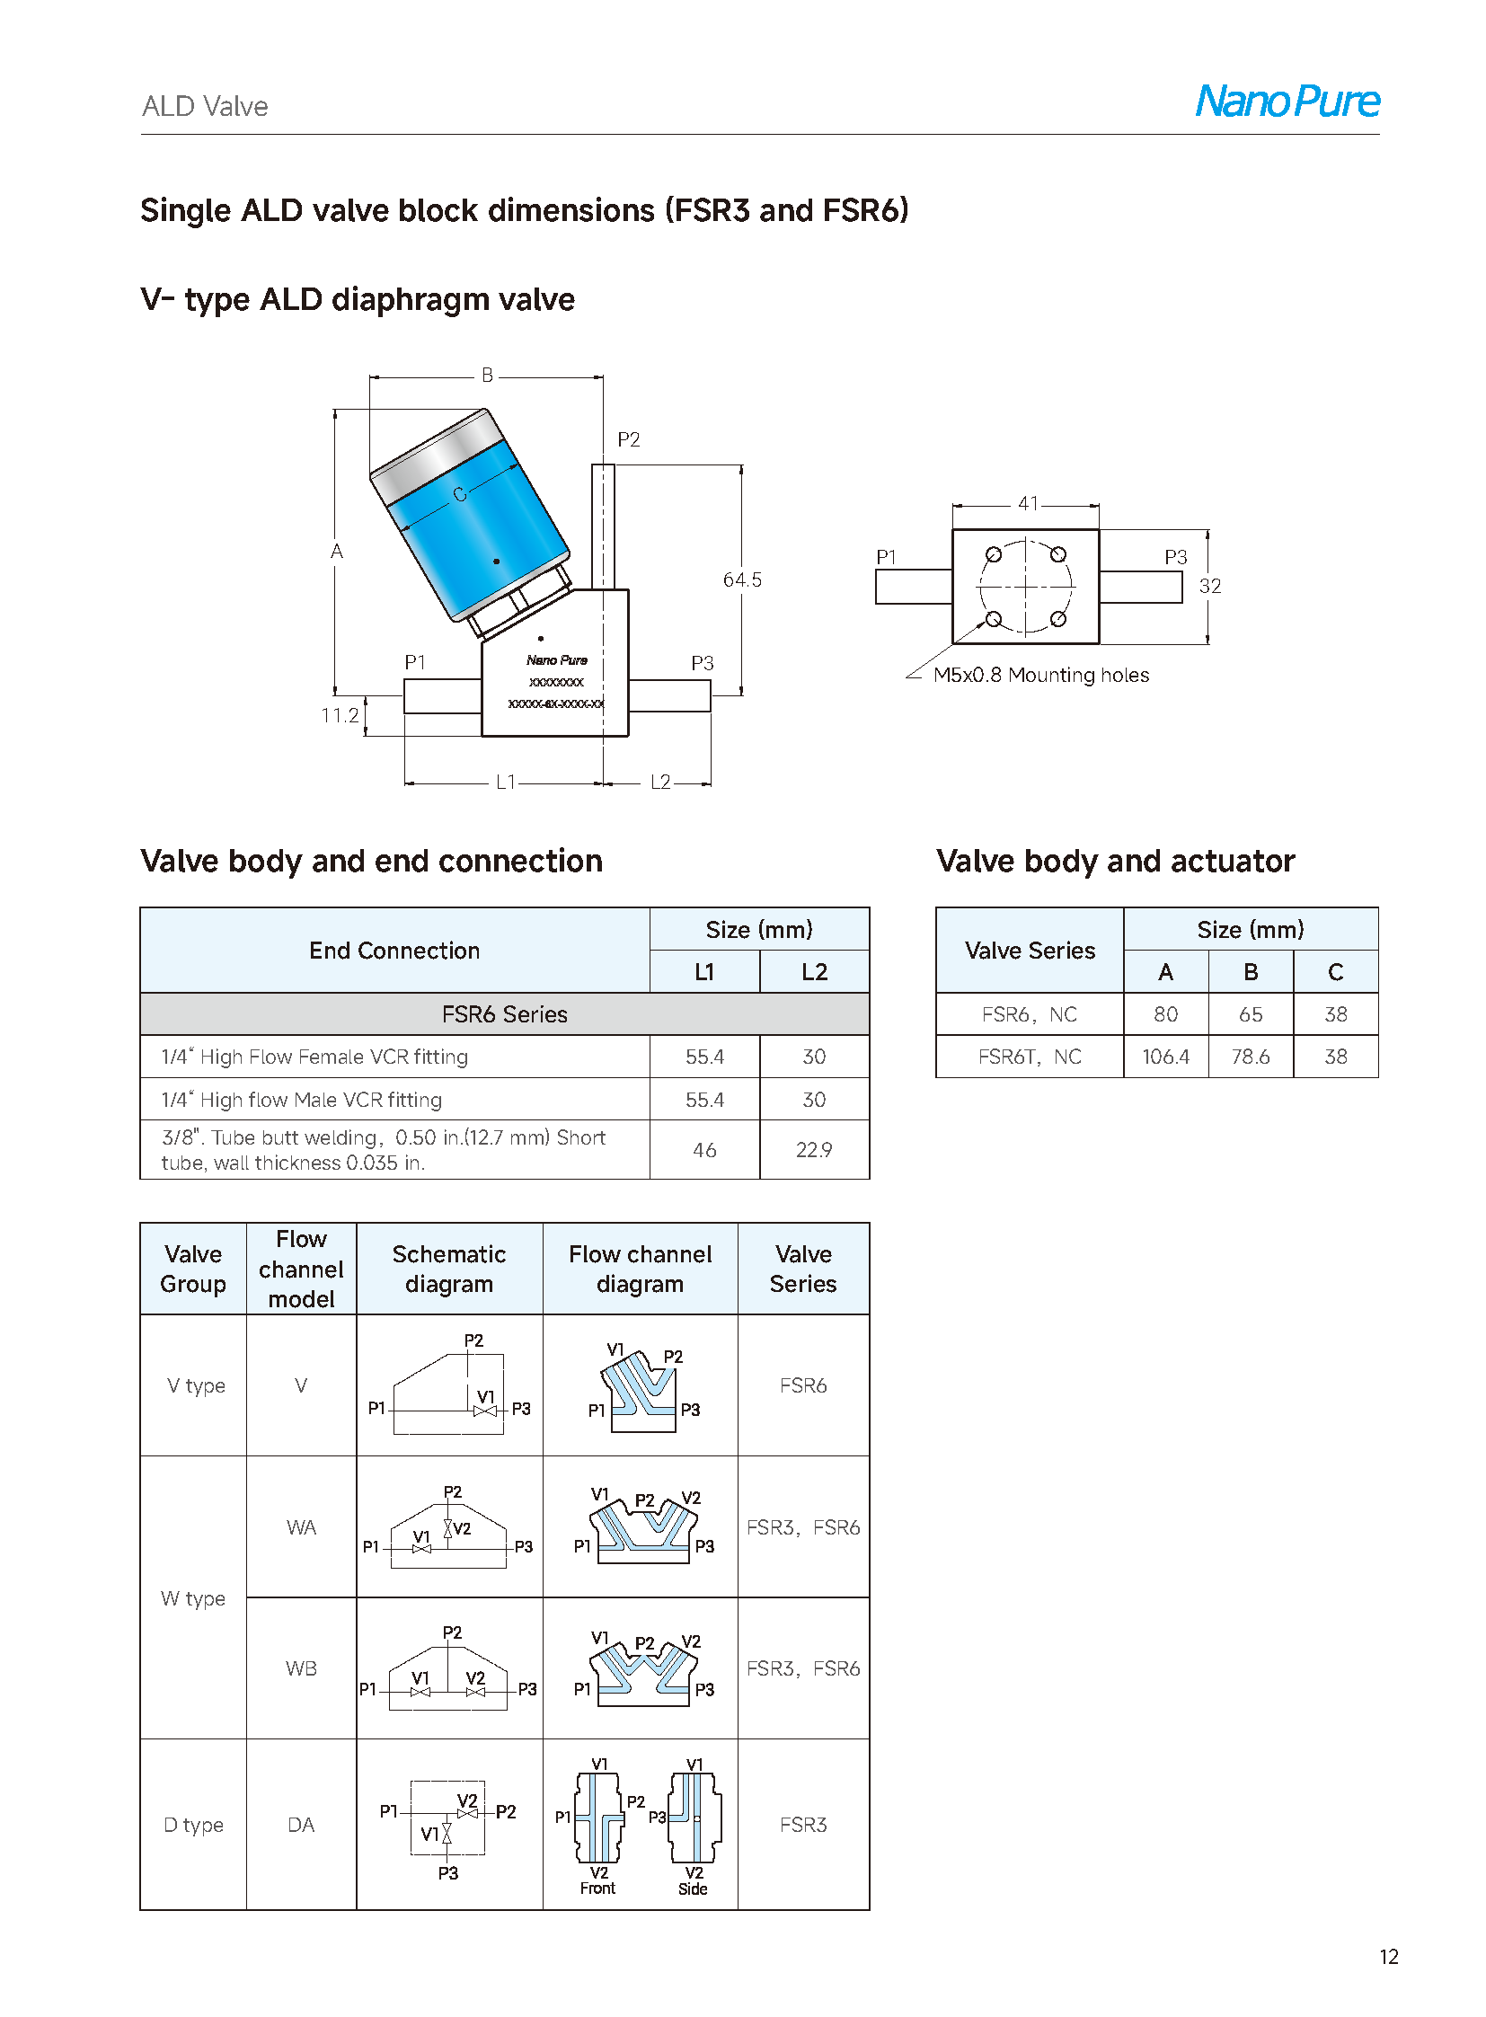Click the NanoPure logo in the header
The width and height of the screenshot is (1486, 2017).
(x=1287, y=101)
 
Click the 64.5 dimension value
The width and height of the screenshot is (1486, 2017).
(x=742, y=579)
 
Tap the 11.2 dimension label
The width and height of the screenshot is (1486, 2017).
(x=340, y=715)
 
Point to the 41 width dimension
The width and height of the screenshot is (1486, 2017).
(x=1028, y=503)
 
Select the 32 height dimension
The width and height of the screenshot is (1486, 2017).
(x=1210, y=586)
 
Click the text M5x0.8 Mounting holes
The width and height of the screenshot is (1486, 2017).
(x=1040, y=675)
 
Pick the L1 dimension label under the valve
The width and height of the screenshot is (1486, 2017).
(x=506, y=783)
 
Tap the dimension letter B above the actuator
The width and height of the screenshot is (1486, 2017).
(x=487, y=376)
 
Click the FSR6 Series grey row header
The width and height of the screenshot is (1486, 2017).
(x=505, y=1014)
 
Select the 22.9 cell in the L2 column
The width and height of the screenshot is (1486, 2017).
(x=814, y=1150)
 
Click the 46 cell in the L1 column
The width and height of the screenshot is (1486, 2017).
(x=704, y=1150)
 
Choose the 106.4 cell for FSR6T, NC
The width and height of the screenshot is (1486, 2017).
(x=1165, y=1057)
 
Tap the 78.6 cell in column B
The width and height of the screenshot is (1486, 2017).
(x=1251, y=1057)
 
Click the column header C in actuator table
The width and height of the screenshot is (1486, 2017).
(x=1335, y=971)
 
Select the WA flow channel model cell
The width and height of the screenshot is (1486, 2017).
(x=301, y=1526)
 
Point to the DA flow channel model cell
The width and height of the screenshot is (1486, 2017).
(x=301, y=1825)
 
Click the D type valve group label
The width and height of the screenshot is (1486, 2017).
(x=193, y=1825)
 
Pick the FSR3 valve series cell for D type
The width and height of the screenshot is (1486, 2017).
(x=803, y=1825)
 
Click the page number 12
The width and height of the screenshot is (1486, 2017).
(x=1388, y=1957)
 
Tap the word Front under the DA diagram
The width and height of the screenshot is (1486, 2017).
(x=597, y=1889)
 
